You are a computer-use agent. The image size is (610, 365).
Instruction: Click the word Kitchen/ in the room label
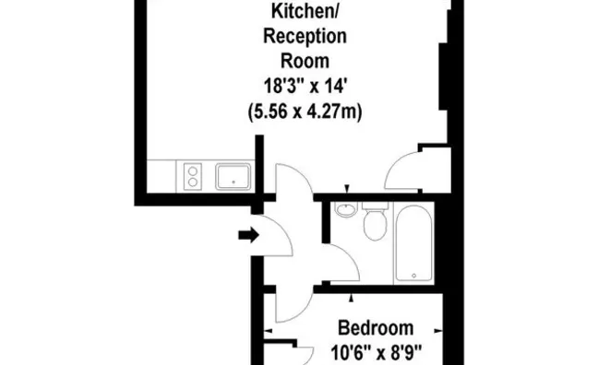[305, 11]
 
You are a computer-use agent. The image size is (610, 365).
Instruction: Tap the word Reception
[305, 37]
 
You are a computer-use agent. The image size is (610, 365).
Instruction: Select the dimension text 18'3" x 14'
[305, 86]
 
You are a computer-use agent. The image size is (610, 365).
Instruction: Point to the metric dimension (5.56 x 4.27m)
[305, 112]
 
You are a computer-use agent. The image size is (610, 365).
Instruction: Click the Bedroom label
[376, 328]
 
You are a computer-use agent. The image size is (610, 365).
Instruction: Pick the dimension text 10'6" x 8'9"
[377, 353]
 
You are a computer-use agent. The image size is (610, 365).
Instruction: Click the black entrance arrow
[249, 235]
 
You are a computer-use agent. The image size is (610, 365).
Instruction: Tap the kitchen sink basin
[233, 177]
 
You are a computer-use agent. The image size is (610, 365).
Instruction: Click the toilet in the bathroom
[375, 221]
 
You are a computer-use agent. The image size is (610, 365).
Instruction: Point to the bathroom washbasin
[346, 210]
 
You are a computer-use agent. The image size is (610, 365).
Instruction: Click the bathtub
[413, 243]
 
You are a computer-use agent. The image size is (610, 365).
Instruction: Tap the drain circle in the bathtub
[413, 276]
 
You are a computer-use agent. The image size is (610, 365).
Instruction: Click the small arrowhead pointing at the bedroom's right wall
[438, 331]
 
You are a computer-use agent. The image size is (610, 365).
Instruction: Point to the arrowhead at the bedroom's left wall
[268, 331]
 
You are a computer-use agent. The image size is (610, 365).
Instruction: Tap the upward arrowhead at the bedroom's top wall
[352, 298]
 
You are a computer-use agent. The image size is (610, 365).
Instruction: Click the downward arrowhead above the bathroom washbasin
[347, 189]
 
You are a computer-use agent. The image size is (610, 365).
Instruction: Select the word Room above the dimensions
[305, 61]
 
